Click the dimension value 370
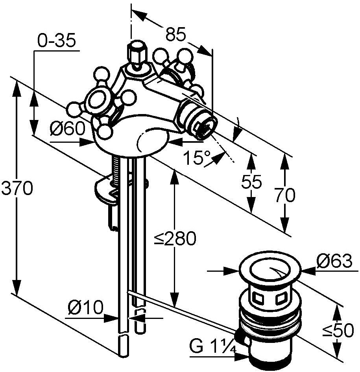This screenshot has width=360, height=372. click(17, 189)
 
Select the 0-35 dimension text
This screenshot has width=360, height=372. click(56, 41)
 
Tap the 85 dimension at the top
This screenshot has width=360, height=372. click(175, 35)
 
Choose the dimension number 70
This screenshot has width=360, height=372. click(284, 195)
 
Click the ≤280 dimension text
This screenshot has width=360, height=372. click(175, 239)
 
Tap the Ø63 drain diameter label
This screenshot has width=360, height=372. click(334, 261)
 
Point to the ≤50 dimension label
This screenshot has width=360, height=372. click(338, 331)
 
